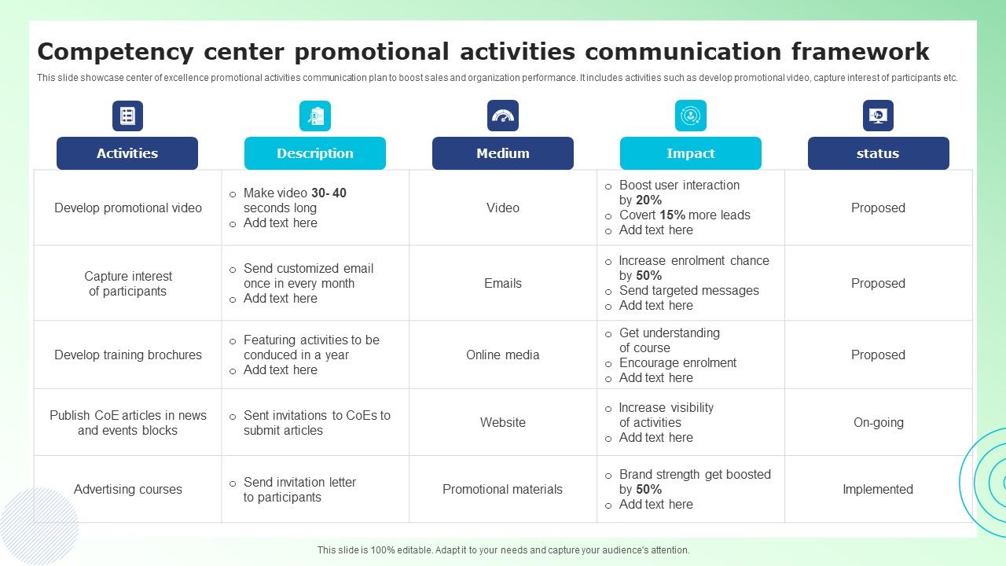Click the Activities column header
coord(127,153)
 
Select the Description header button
coord(315,153)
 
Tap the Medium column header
coord(502,153)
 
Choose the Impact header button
coord(690,153)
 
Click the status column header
coord(878,153)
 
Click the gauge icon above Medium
coord(502,116)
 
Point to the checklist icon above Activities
coord(127,116)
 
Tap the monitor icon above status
coord(878,116)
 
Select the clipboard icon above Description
coord(315,116)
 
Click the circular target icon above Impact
coord(690,116)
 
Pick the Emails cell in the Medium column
coord(502,284)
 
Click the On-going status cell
coord(879,423)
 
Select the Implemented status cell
coord(878,489)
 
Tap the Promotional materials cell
coord(502,489)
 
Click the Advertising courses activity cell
coord(127,489)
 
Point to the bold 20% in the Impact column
coord(648,200)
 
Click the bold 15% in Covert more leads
coord(672,215)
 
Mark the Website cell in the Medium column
coord(502,423)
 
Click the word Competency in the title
coord(116,52)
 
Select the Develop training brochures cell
coord(128,355)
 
